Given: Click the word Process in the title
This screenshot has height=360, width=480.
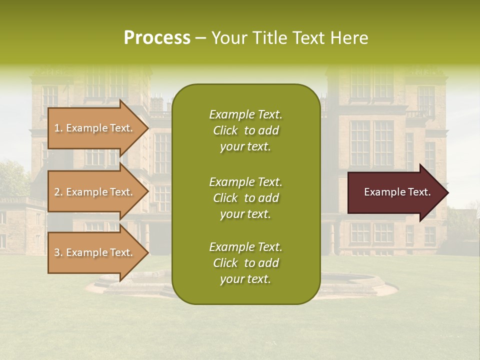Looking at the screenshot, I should click(157, 38).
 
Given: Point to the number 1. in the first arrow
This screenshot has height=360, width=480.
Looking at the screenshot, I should click(58, 128).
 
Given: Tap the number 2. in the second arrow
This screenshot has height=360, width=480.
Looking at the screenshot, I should click(58, 192).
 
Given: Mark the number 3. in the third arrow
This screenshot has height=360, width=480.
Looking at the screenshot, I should click(58, 252).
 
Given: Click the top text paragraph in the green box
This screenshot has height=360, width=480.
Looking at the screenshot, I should click(245, 130).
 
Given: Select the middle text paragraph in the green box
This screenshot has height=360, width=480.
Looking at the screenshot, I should click(245, 198).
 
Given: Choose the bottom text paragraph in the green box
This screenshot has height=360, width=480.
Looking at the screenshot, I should click(245, 263).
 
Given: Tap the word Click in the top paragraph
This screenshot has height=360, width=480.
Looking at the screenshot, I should click(225, 130).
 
